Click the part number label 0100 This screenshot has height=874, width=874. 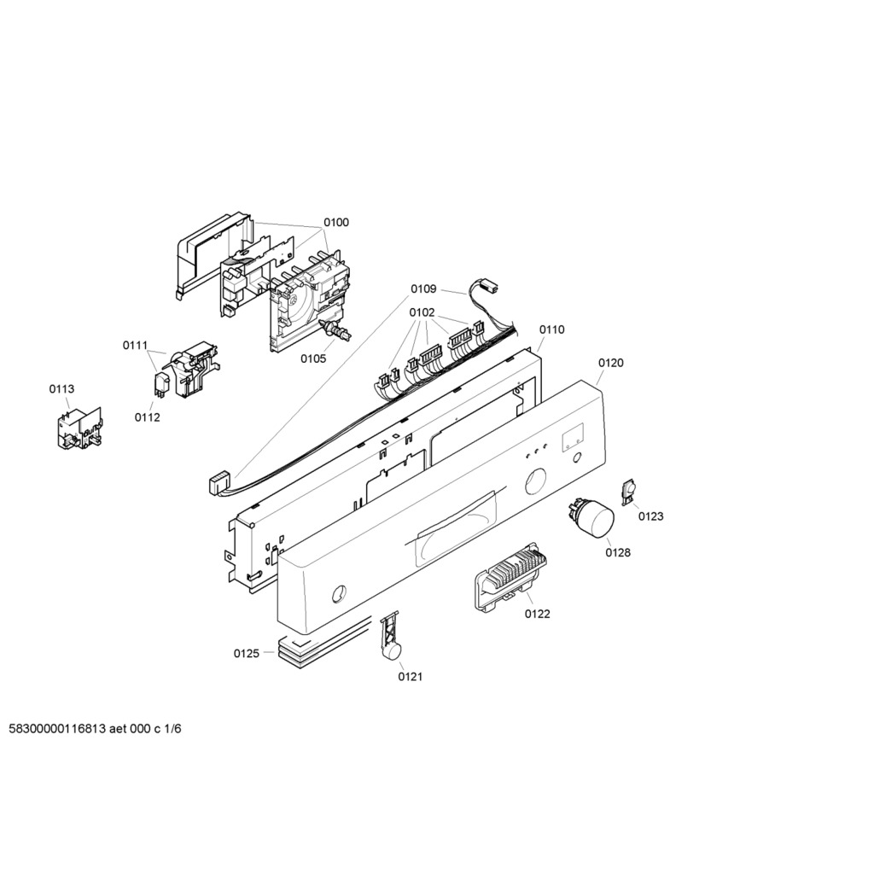point(336,223)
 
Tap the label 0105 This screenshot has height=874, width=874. point(313,358)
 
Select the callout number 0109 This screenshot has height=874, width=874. point(423,288)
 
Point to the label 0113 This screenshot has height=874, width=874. point(61,389)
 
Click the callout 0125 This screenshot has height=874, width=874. point(247,653)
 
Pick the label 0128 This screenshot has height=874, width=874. point(618,552)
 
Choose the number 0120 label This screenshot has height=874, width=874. point(611,363)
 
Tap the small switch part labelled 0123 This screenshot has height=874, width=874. point(629,492)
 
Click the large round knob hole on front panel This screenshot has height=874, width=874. point(535,482)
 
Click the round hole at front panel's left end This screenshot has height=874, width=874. point(339,594)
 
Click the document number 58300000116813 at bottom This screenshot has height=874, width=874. point(57,729)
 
